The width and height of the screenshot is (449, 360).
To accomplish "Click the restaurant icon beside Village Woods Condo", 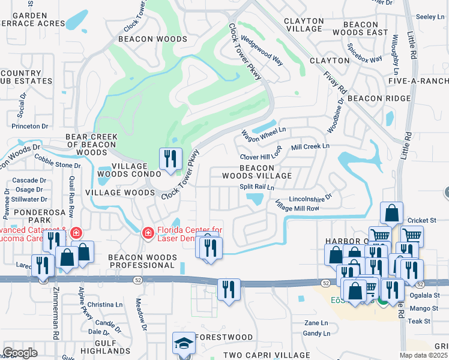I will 170,159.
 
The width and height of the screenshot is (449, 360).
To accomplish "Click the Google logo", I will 20,352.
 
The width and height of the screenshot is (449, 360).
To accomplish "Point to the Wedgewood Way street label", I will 262,52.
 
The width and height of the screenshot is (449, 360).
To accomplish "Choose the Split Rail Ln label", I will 257,187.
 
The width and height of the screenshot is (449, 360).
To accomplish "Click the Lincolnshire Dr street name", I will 310,197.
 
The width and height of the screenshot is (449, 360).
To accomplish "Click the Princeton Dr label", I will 29,126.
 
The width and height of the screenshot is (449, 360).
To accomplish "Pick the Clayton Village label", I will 303,25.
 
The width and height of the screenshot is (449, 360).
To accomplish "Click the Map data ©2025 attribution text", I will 424,355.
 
